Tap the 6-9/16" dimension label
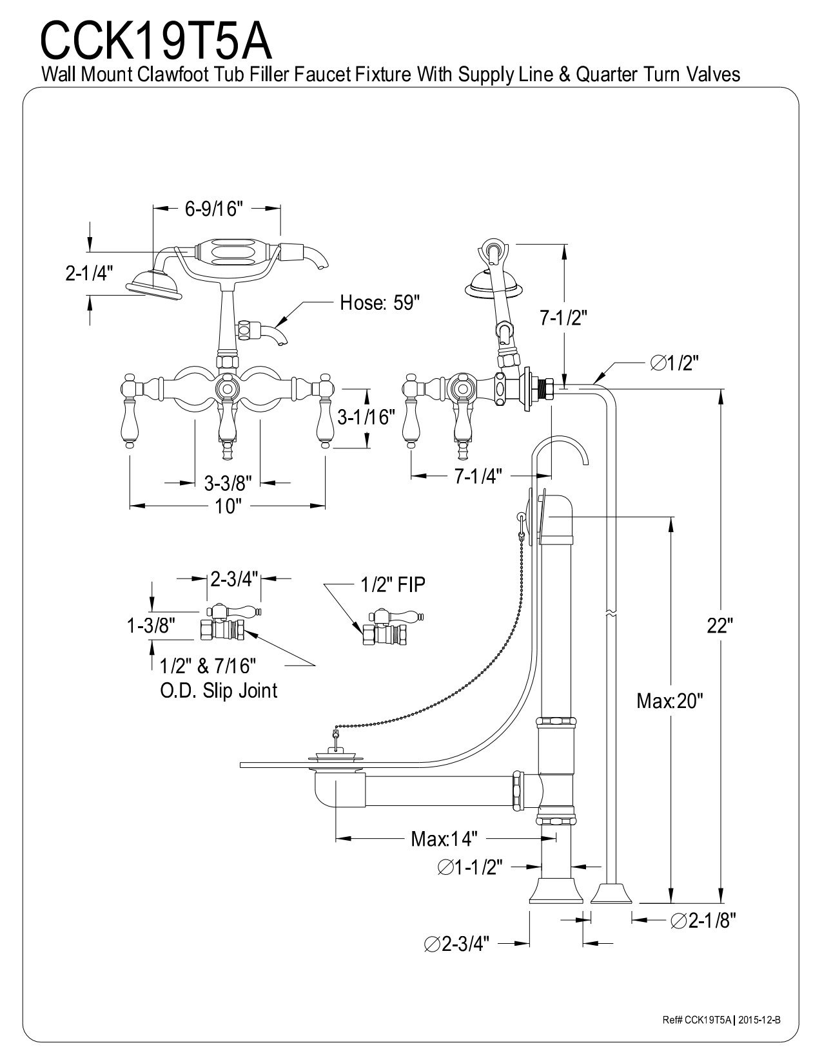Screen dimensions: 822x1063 coord(214,209)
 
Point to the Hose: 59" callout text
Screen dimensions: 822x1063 coord(380,303)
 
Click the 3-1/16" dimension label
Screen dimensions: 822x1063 coord(366,417)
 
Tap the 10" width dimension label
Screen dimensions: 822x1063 coord(227,506)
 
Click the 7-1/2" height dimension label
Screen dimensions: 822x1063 coord(563,318)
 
